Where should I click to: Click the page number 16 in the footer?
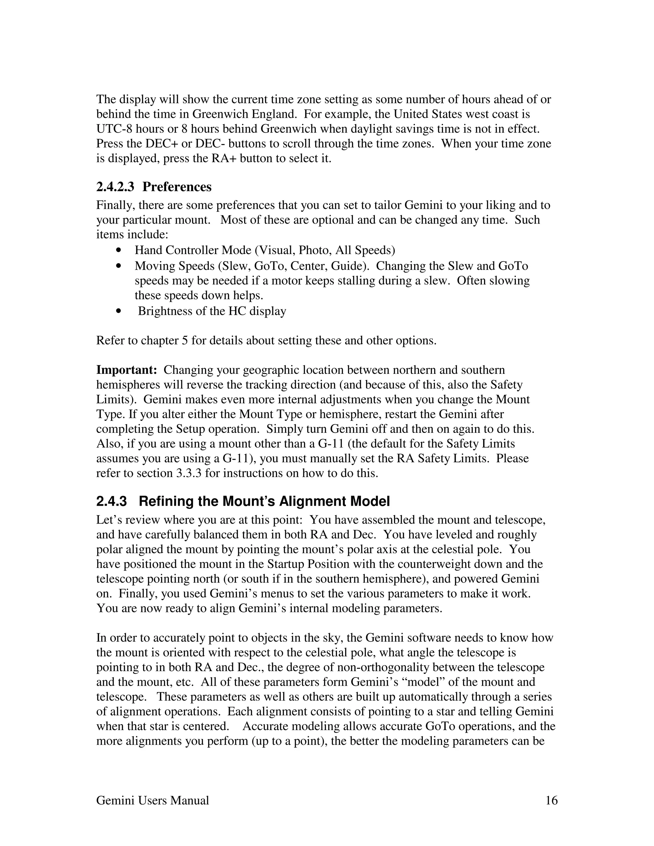click(x=551, y=800)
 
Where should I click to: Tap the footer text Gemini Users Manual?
click(x=152, y=800)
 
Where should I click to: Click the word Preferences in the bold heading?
click(x=177, y=187)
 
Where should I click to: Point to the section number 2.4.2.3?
click(x=115, y=187)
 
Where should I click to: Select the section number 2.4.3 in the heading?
click(x=111, y=501)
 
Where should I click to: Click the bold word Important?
click(x=126, y=370)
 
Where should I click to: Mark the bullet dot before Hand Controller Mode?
click(x=118, y=251)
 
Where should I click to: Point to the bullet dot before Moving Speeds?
click(x=118, y=266)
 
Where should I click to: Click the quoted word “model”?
click(x=436, y=682)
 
